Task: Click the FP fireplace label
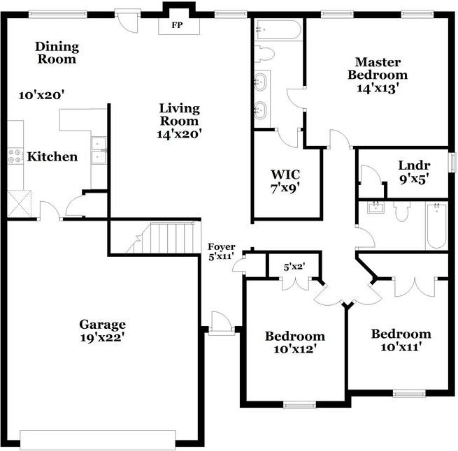(x=176, y=27)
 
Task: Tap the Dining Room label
(x=57, y=53)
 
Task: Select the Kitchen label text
(x=52, y=156)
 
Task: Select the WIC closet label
(x=285, y=174)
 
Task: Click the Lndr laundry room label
(x=413, y=165)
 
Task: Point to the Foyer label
(x=221, y=248)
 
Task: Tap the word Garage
(x=102, y=324)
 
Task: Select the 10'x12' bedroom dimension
(x=294, y=349)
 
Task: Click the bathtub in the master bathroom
(x=279, y=30)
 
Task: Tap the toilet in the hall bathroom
(x=401, y=212)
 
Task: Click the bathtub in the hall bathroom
(x=436, y=225)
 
